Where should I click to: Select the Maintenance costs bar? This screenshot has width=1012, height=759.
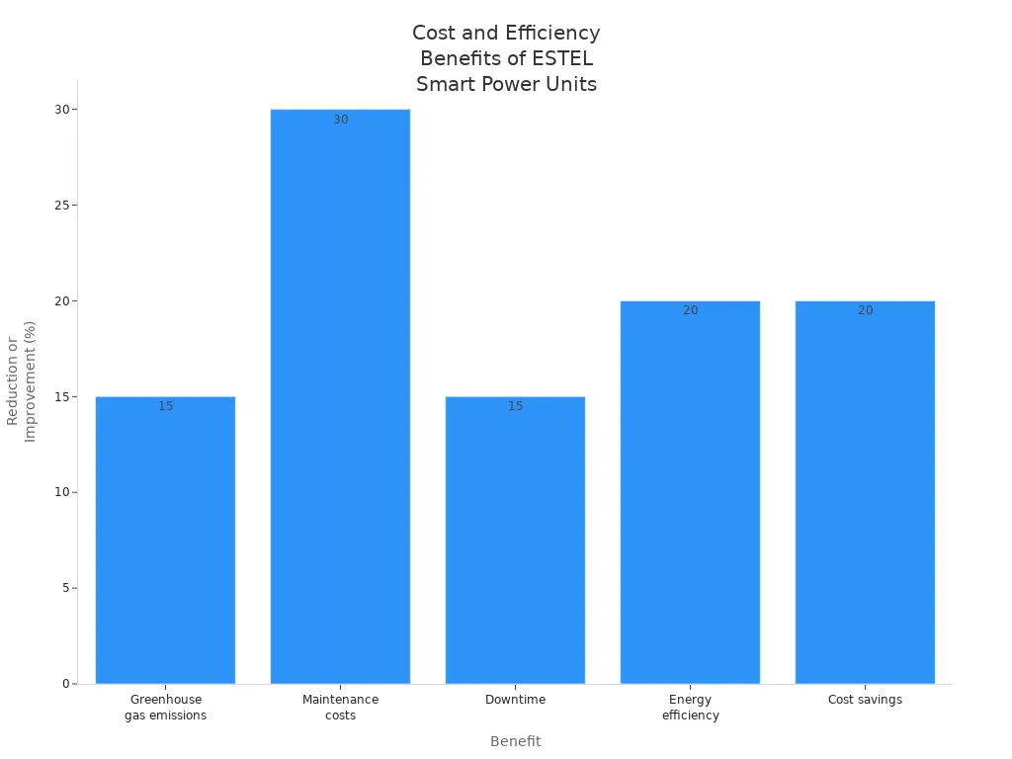340,395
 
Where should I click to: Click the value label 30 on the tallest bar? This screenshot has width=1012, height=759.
340,120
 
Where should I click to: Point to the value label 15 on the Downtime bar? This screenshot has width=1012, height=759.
515,406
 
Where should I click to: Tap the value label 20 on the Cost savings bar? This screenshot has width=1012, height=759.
865,310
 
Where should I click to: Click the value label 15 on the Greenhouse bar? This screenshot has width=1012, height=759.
165,406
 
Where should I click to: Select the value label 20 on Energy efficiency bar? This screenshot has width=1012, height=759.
690,310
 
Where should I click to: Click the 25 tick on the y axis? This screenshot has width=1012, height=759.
61,206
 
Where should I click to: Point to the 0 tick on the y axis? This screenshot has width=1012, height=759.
65,684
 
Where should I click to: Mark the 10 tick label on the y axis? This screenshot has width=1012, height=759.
61,492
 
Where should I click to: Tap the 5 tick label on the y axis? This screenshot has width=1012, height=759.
65,588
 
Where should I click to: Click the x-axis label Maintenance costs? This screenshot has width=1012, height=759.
340,708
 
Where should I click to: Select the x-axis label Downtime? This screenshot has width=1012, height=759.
515,700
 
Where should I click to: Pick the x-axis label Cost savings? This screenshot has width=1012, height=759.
865,700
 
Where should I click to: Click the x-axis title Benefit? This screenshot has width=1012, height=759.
515,741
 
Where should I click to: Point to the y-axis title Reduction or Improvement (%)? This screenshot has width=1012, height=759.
21,380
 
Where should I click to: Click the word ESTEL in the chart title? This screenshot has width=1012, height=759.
561,58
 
